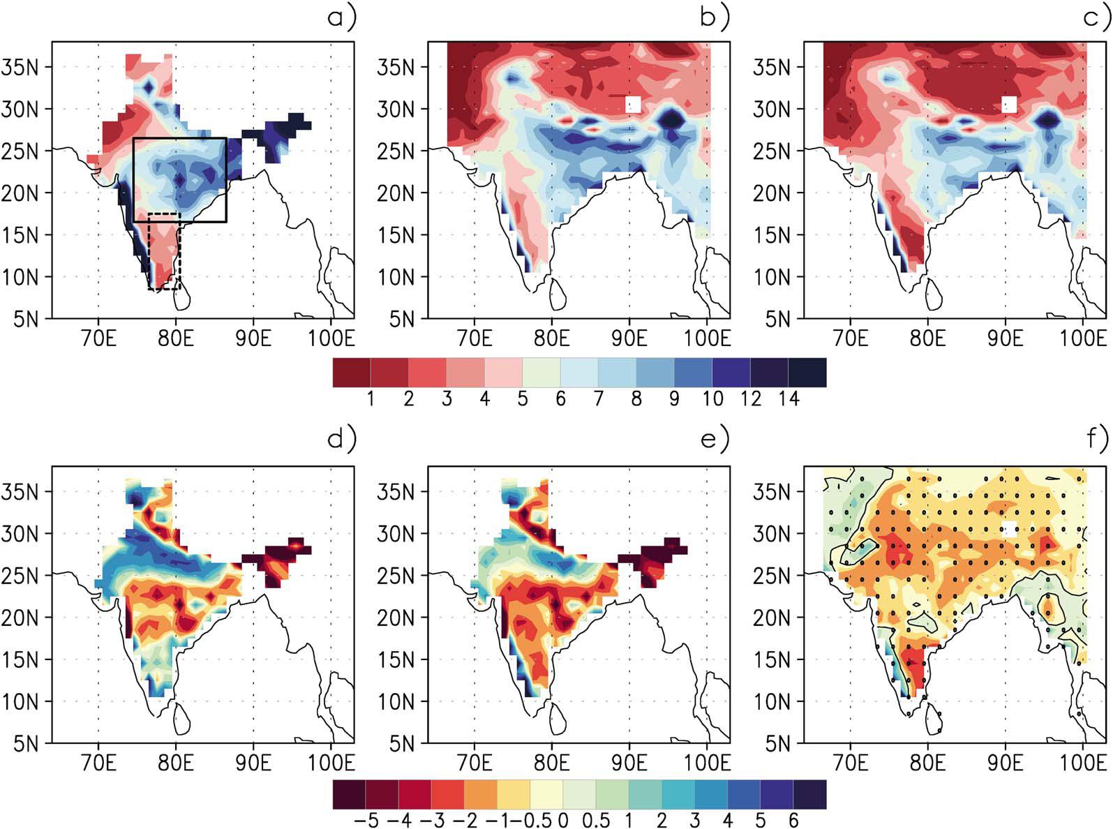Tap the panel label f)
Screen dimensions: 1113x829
pos(1098,440)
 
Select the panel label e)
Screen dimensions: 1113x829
pos(717,440)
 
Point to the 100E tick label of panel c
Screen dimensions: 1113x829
pos(1083,339)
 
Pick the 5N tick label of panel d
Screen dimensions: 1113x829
pos(26,743)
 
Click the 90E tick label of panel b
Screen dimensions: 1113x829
pos(629,339)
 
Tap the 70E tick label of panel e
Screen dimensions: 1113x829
pos(475,764)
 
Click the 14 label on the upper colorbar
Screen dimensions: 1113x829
pos(789,399)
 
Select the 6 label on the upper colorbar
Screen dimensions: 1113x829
pos(560,399)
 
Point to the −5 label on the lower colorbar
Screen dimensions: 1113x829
pos(366,820)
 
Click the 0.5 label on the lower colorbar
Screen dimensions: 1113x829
pos(596,820)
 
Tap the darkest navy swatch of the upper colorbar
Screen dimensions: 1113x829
pos(807,373)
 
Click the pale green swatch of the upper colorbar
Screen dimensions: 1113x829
pos(541,373)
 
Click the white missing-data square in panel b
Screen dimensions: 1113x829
pos(634,105)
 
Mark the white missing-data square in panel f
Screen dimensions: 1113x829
pos(1009,529)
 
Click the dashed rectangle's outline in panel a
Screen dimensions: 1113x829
pos(149,251)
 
